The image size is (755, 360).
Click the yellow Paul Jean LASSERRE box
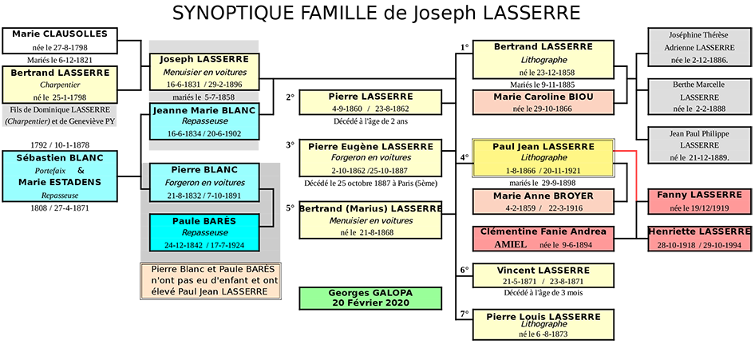[543, 157]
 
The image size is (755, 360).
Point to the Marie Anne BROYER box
[543, 201]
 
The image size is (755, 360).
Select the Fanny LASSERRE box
[698, 201]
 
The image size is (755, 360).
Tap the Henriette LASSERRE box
[698, 237]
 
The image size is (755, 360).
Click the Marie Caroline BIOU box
[543, 102]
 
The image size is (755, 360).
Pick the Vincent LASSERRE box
[543, 275]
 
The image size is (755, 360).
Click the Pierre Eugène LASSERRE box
[370, 157]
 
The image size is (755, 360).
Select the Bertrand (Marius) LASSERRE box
[370, 220]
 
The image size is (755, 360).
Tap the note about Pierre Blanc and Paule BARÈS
[211, 281]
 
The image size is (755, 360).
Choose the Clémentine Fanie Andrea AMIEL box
[543, 238]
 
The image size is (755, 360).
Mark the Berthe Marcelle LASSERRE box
[698, 96]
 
